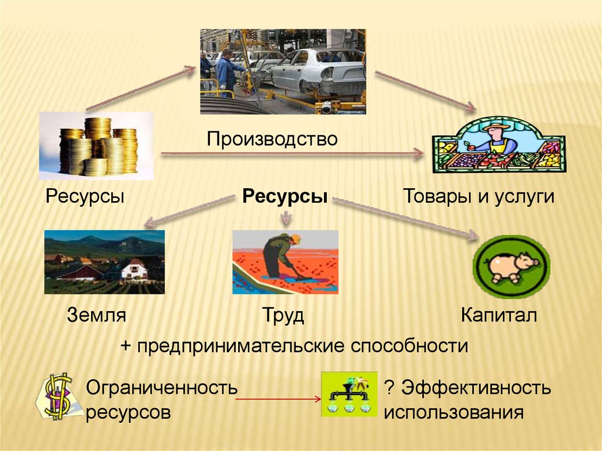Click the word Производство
tap(272, 139)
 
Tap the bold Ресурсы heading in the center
tap(285, 196)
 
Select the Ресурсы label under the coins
tap(85, 196)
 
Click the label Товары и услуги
tap(479, 196)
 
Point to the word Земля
tap(96, 315)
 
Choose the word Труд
tap(283, 316)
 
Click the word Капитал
tap(499, 315)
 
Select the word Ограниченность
tap(162, 387)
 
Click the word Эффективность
tap(476, 387)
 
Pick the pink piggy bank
tap(512, 267)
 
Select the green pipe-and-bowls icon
tap(349, 394)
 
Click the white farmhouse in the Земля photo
tap(135, 270)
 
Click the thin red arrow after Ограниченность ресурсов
tap(278, 399)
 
